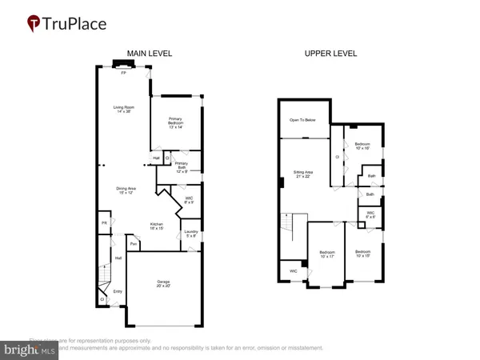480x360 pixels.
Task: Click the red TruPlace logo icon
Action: (33, 24)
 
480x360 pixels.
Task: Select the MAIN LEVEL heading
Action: (150, 54)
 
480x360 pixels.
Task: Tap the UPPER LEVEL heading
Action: (330, 54)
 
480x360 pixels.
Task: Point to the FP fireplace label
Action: (123, 73)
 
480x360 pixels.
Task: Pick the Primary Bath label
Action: (182, 169)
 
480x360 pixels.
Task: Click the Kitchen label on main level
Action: (157, 226)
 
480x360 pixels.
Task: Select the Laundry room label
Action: (190, 234)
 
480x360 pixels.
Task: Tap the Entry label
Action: (118, 292)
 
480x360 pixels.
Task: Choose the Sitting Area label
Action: (303, 174)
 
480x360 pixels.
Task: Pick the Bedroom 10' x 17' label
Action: (327, 254)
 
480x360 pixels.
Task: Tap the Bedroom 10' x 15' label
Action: (362, 254)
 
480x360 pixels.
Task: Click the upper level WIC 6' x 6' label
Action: (371, 214)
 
